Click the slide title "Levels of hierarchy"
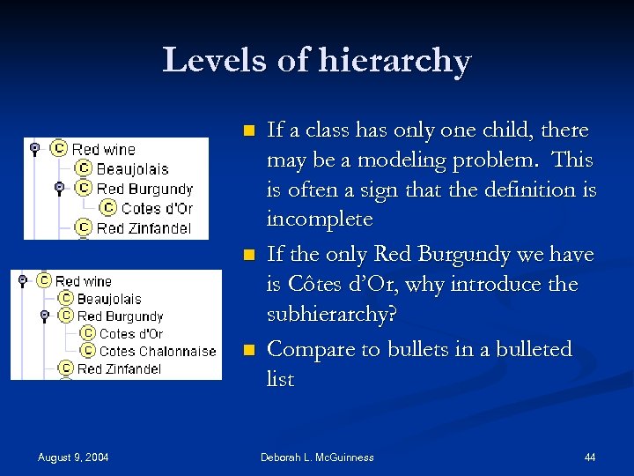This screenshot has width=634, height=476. [317, 61]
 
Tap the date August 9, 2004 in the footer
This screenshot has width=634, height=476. [73, 457]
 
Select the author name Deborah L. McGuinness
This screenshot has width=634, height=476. [317, 457]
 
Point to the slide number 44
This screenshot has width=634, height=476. [590, 457]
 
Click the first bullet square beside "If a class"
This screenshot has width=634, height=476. [249, 130]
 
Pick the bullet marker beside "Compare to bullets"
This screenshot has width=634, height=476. [249, 350]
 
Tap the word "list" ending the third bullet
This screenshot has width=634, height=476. [280, 379]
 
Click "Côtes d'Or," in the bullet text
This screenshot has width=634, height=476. [328, 285]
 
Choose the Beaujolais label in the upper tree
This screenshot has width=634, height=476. [132, 168]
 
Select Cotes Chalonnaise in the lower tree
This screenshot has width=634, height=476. [158, 351]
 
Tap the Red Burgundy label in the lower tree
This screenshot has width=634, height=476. [120, 316]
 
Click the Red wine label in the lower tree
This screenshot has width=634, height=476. [84, 281]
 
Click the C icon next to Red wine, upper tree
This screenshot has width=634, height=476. [59, 149]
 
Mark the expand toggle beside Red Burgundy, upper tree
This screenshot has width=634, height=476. [58, 188]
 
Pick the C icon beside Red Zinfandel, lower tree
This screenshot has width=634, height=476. [65, 368]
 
